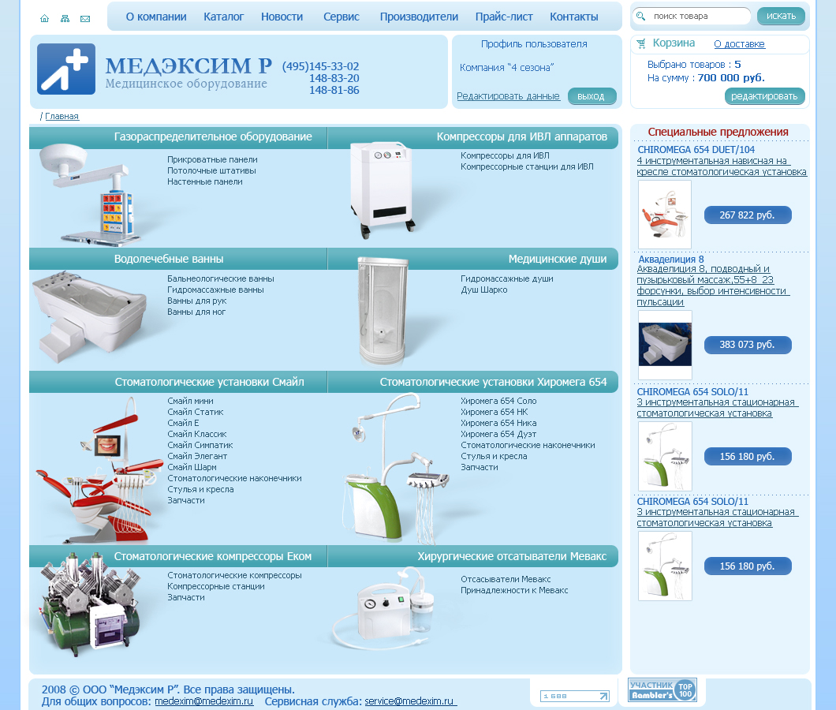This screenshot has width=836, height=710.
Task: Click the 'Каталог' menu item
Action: click(x=223, y=17)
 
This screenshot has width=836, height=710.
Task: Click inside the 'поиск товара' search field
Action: click(x=698, y=16)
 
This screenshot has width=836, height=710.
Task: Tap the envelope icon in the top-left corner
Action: click(x=85, y=18)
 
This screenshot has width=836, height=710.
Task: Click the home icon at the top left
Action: click(x=44, y=18)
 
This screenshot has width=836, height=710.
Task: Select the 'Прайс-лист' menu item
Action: click(x=504, y=17)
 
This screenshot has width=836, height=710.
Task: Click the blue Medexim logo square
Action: click(x=66, y=69)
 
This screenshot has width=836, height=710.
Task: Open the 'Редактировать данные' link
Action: click(x=508, y=96)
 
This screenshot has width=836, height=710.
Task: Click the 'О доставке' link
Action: click(x=739, y=44)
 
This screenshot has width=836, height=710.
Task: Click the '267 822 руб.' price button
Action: click(x=747, y=215)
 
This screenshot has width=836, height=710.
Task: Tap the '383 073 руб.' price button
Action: click(x=747, y=345)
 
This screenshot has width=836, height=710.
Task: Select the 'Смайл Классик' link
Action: click(x=196, y=434)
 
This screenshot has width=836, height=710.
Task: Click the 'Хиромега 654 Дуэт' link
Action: click(x=498, y=434)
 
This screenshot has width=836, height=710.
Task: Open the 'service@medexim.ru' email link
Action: click(x=410, y=701)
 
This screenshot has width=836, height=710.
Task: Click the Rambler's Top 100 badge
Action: click(x=662, y=690)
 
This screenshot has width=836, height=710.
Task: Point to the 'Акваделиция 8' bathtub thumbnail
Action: click(x=664, y=345)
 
